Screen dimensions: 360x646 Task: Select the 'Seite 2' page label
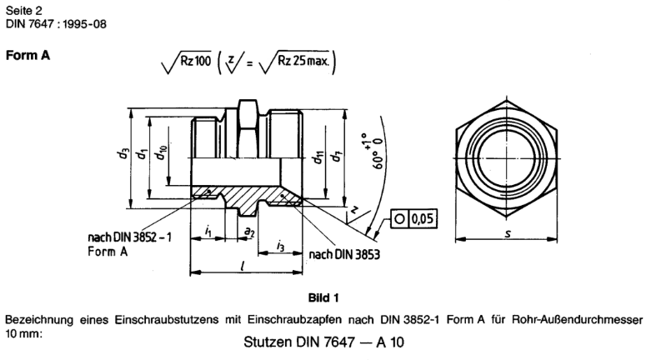point(23,8)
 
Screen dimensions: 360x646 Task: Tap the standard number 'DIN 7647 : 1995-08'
point(54,22)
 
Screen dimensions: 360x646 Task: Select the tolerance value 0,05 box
point(420,219)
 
